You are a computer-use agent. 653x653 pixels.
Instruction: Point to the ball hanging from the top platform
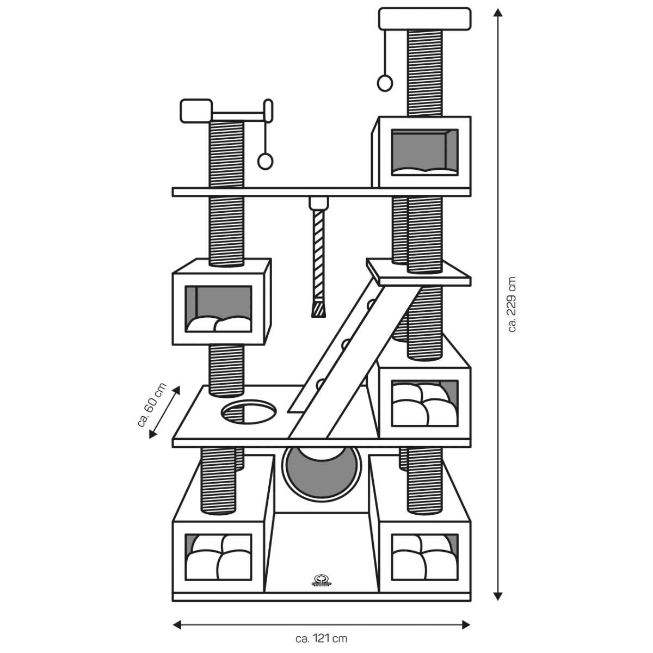(385, 83)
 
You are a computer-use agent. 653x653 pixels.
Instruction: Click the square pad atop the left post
(196, 111)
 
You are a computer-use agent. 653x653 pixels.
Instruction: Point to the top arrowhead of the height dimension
(497, 13)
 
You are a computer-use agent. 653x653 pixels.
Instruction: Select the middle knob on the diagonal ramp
(345, 343)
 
